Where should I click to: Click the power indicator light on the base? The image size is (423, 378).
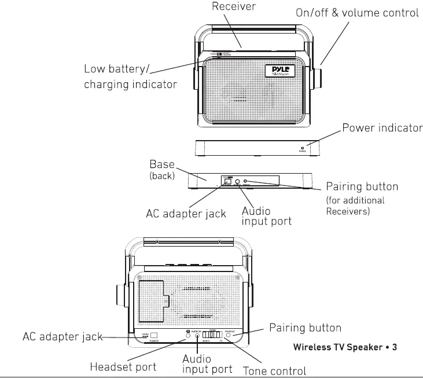(x=303, y=148)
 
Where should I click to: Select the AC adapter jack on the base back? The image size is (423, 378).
(x=228, y=181)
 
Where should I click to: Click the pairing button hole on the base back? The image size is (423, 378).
(x=245, y=182)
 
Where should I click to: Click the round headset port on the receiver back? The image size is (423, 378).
(x=189, y=335)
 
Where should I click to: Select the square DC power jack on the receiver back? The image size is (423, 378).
(x=155, y=335)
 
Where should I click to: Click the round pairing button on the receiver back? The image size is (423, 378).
(x=228, y=335)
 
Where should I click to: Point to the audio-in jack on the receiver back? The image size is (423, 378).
(x=197, y=335)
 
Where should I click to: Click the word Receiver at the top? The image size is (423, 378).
(x=233, y=7)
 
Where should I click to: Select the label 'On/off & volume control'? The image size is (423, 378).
(x=356, y=13)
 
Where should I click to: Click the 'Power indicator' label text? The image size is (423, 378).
(x=382, y=128)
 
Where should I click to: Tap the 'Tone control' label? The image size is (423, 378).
(x=274, y=370)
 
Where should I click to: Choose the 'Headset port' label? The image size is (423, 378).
(x=123, y=367)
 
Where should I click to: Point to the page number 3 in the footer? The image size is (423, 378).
(x=394, y=348)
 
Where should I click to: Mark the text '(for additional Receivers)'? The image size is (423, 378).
(x=355, y=206)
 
